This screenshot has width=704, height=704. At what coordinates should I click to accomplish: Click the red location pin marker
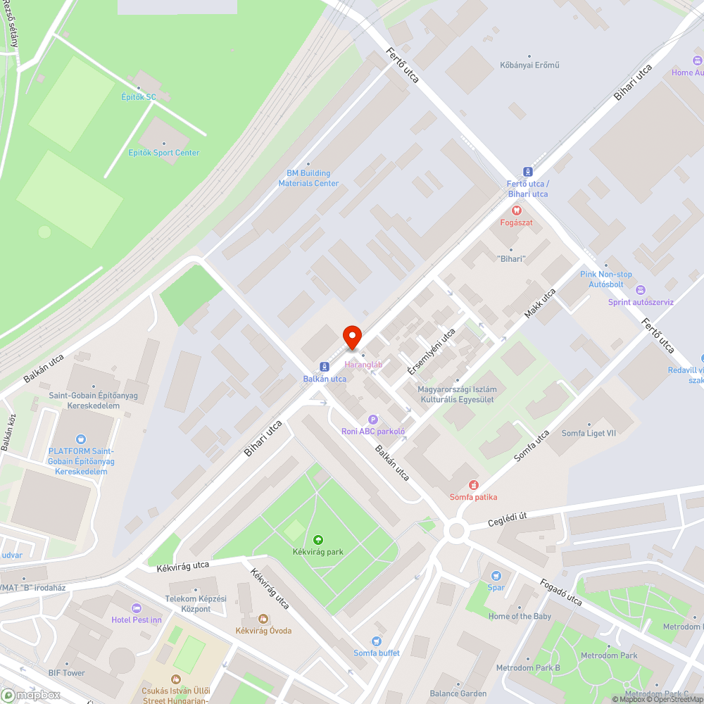tap(352, 337)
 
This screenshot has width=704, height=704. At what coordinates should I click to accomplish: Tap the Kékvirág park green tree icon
tap(318, 539)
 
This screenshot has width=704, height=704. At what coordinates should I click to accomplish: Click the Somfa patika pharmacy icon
tap(474, 484)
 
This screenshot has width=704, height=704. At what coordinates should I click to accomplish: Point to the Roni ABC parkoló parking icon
tap(373, 420)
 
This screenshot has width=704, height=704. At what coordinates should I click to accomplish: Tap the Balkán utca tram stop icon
tap(325, 366)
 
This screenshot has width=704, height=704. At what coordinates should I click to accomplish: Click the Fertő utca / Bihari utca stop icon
tap(527, 171)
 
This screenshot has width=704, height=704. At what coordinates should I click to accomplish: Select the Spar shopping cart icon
tap(496, 575)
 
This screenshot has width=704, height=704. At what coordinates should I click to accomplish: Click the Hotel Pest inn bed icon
tap(137, 608)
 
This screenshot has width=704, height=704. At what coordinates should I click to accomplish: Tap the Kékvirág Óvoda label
tap(263, 630)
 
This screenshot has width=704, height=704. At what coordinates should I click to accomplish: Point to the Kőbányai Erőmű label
tap(530, 65)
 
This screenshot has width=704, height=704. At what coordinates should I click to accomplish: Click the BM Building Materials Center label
tap(308, 178)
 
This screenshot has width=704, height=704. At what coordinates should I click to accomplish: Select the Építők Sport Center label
tap(163, 153)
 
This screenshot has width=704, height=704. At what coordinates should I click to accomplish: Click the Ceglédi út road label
tap(508, 520)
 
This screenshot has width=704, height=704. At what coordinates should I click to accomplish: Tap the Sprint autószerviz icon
tap(640, 290)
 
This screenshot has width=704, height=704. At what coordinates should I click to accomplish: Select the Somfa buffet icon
tap(376, 641)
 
